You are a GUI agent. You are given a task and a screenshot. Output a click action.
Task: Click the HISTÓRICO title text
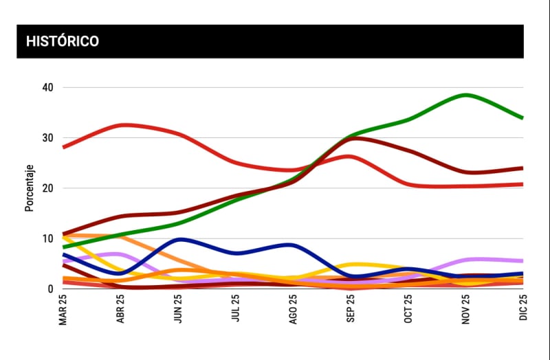click(x=63, y=41)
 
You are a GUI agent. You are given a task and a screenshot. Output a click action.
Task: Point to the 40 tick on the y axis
click(x=47, y=87)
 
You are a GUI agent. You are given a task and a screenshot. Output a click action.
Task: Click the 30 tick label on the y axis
click(x=47, y=138)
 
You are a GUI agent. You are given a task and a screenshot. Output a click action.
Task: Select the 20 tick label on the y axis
click(x=47, y=188)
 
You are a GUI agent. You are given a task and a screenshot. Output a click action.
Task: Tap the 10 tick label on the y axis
click(x=47, y=238)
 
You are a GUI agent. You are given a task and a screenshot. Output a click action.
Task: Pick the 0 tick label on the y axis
click(x=50, y=289)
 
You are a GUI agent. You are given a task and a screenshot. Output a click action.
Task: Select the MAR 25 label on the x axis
click(x=63, y=310)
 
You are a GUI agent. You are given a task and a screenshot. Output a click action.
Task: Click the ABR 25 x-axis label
click(x=121, y=310)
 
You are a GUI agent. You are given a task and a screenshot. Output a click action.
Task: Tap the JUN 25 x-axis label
click(x=179, y=310)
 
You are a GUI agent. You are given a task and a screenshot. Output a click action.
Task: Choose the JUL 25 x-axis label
click(x=236, y=310)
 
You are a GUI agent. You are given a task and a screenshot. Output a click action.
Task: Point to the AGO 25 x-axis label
click(x=294, y=310)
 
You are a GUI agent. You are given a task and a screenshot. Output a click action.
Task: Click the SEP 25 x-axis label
click(x=351, y=310)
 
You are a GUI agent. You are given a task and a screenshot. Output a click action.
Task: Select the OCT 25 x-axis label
click(x=408, y=310)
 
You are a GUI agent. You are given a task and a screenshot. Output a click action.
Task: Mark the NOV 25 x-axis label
click(x=466, y=310)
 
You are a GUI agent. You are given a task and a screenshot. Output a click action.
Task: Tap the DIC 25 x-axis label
click(x=523, y=310)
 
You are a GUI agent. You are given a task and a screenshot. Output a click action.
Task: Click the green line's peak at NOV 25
click(x=466, y=95)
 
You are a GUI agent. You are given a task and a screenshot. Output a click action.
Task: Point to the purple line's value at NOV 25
click(x=466, y=260)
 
